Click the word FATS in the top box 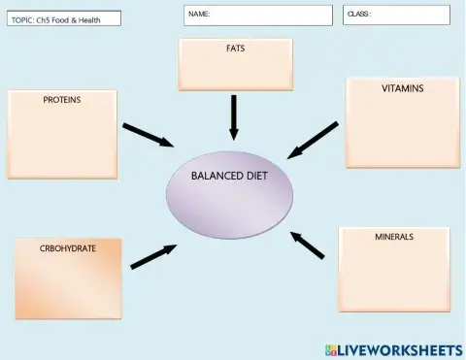point(235,49)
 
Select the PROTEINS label point(61,99)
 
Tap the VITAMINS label point(402,88)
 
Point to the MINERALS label point(394,236)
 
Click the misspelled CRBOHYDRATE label point(68,248)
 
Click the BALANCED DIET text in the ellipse point(229,177)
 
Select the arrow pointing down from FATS point(233,117)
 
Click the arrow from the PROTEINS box point(148,136)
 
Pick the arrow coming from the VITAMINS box point(314,140)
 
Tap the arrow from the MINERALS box point(308,245)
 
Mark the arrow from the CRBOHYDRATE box point(153,255)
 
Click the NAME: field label point(199,15)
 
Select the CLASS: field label point(359,15)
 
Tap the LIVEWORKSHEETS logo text point(400,348)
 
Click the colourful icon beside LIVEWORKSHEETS point(330,348)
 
